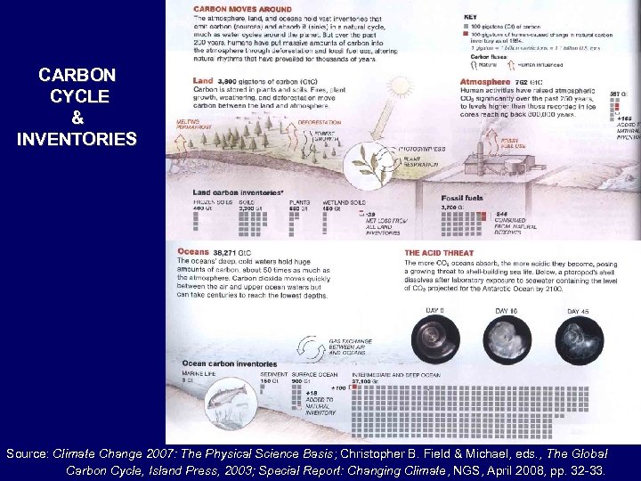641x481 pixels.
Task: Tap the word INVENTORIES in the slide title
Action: pos(77,139)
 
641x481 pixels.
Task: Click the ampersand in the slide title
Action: pos(77,118)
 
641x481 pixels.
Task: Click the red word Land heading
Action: pos(202,81)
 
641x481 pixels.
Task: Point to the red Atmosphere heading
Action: pos(485,82)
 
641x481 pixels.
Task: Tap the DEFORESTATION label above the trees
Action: pos(319,122)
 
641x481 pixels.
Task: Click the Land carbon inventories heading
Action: pos(238,192)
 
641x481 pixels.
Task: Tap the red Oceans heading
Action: pos(194,252)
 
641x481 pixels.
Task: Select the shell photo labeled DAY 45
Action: pos(578,339)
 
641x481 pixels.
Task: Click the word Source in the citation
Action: pos(28,453)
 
